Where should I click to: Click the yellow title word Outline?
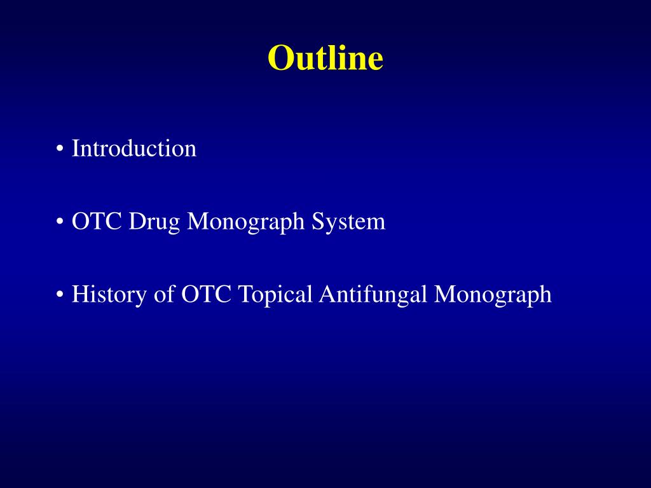pyautogui.click(x=325, y=58)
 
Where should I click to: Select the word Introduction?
pyautogui.click(x=134, y=149)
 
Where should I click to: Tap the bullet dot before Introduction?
pyautogui.click(x=59, y=149)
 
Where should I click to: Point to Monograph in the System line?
pyautogui.click(x=247, y=222)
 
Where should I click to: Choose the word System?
pyautogui.click(x=348, y=222)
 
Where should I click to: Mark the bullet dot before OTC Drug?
pyautogui.click(x=59, y=222)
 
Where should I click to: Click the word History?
pyautogui.click(x=109, y=295)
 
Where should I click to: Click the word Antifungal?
pyautogui.click(x=374, y=295)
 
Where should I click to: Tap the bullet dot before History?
pyautogui.click(x=59, y=295)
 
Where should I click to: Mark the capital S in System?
pyautogui.click(x=318, y=222)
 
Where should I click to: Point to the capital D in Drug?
pyautogui.click(x=137, y=222)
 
